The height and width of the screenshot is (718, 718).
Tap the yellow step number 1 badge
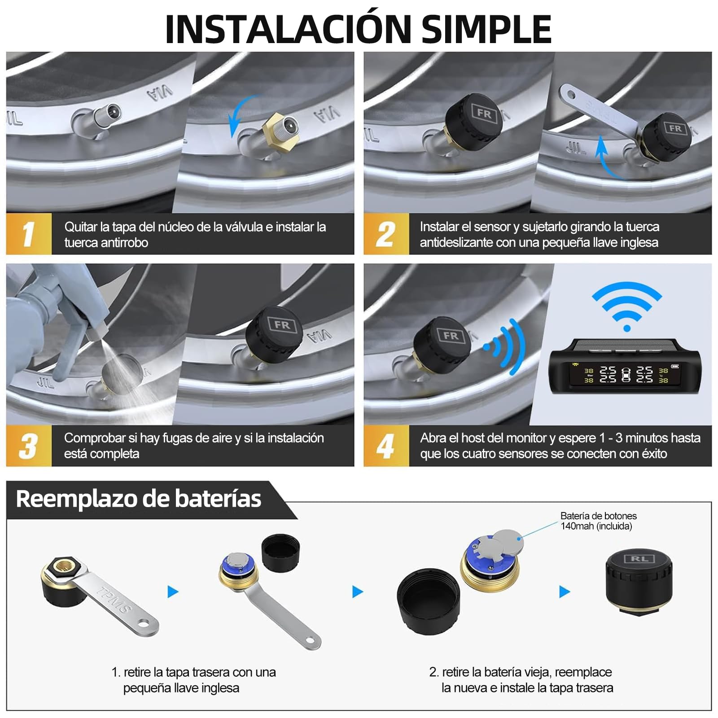pos(29,234)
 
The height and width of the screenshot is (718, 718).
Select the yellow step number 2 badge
pos(386,234)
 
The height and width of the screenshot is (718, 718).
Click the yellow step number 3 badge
pos(29,446)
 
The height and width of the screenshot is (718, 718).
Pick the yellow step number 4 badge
pos(386,446)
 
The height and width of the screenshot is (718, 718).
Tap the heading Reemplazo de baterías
pos(139,499)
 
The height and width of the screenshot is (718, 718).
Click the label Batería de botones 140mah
pos(598,521)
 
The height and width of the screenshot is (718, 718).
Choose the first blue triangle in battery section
pos(173,591)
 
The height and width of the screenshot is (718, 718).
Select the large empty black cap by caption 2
pos(428,599)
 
